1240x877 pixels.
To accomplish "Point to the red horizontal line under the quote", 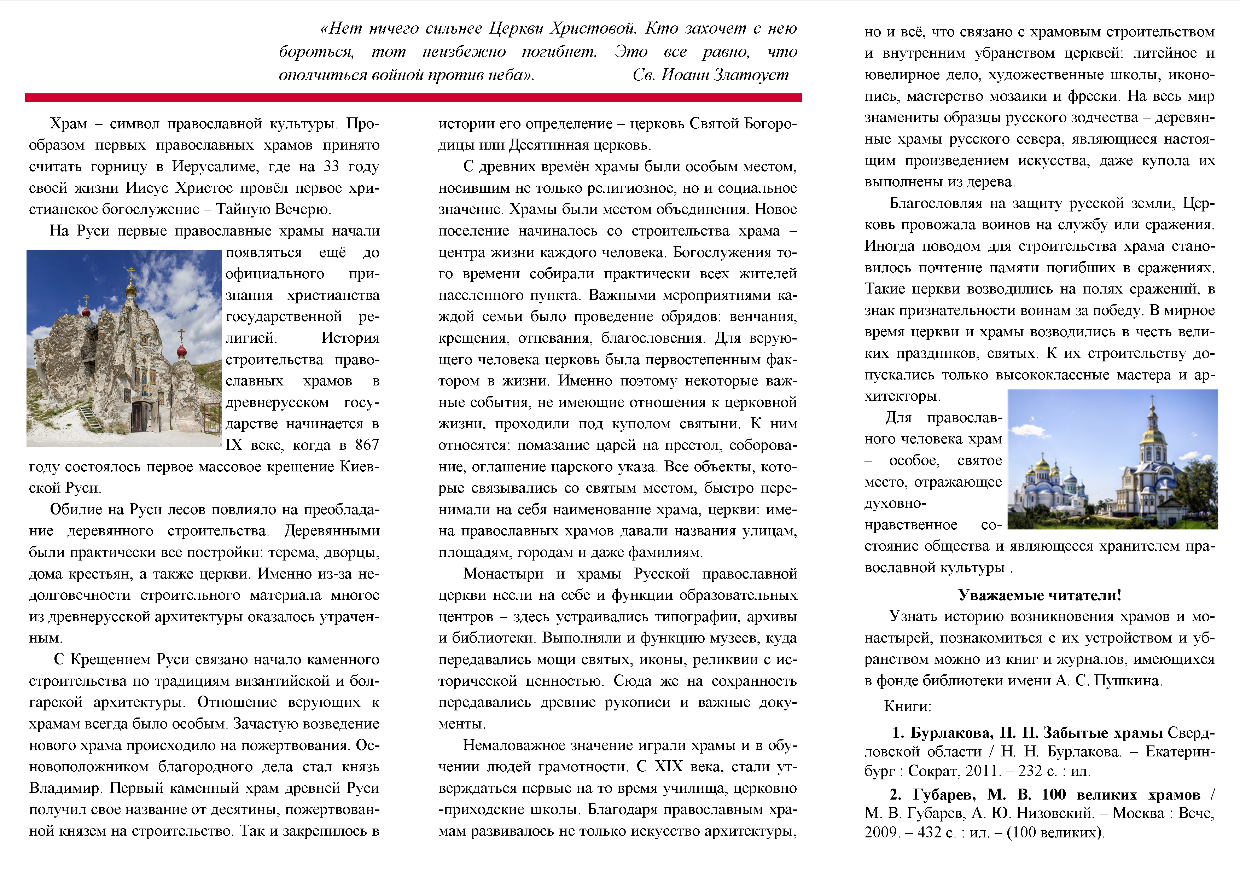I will [x=413, y=98].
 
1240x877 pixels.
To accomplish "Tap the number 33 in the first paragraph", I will [x=332, y=166].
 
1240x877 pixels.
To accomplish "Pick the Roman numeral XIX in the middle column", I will [x=669, y=767].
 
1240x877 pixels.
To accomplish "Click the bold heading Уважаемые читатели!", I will [x=1040, y=595].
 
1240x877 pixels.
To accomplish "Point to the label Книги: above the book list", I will [x=907, y=707].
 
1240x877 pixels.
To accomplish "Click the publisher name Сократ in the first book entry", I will [x=933, y=771].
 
